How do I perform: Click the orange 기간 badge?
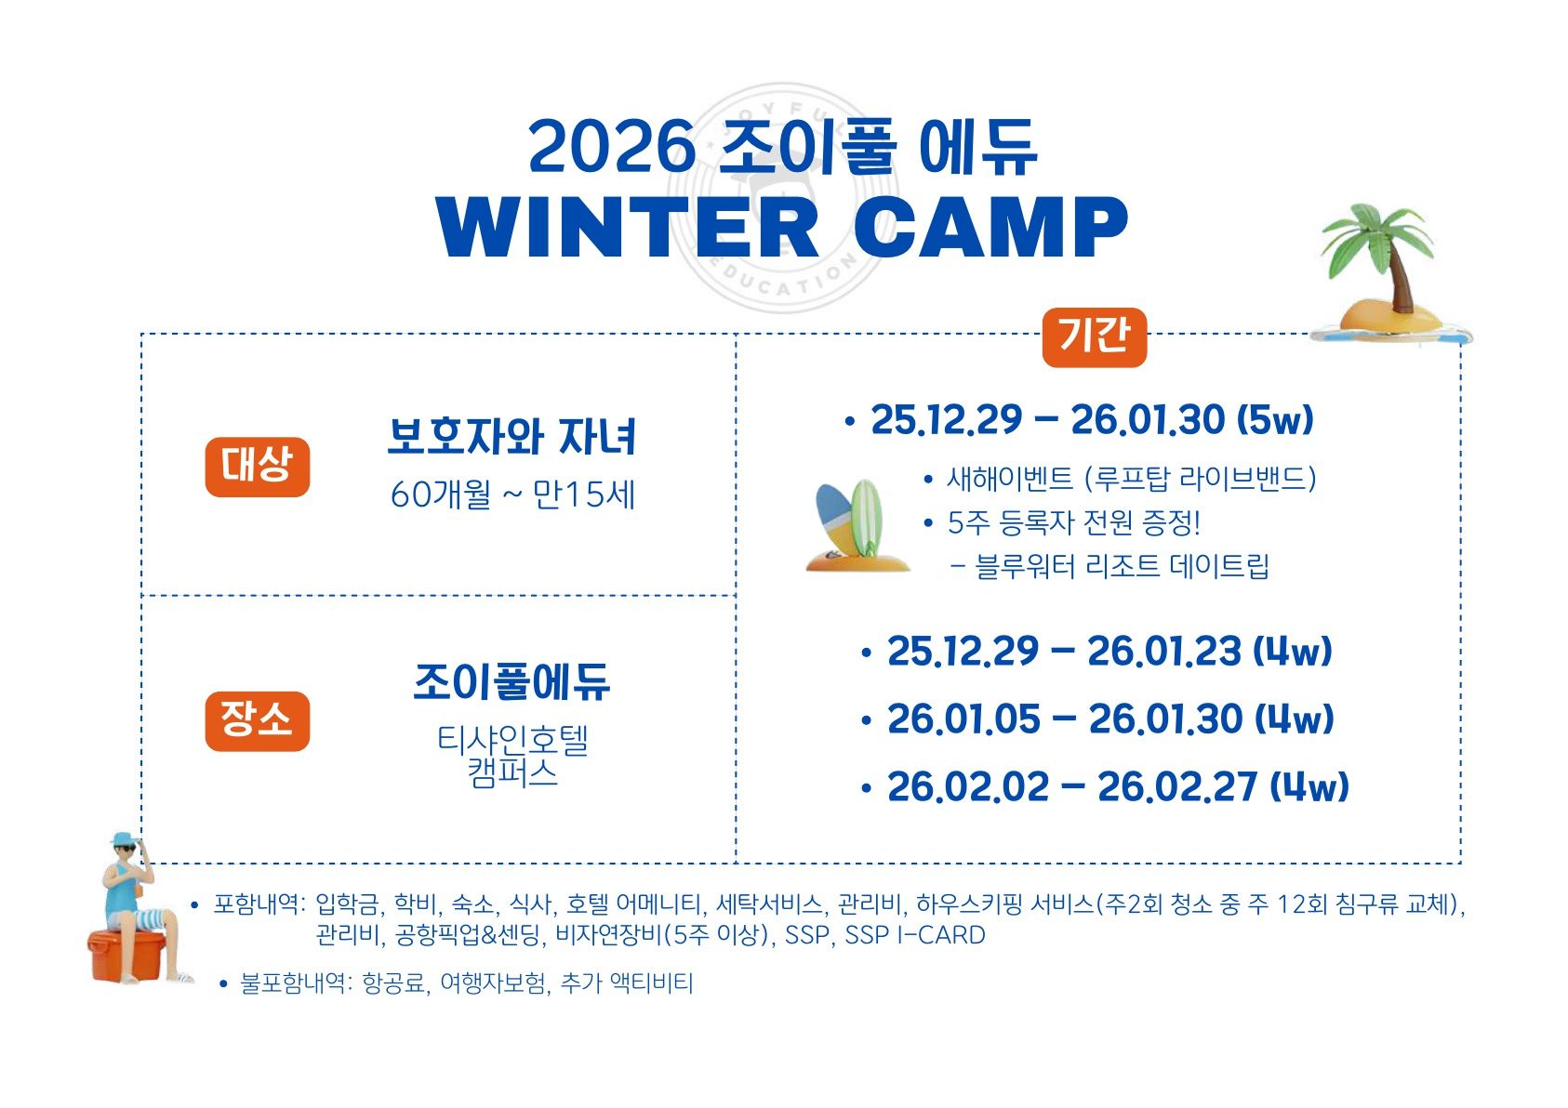click(x=1094, y=337)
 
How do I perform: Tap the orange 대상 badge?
click(x=257, y=467)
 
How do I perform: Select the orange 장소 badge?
click(x=257, y=721)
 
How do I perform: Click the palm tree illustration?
click(x=1389, y=272)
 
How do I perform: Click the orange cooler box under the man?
click(x=126, y=956)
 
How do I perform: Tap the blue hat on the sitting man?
click(x=126, y=838)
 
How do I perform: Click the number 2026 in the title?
click(x=612, y=147)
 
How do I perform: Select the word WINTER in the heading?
click(x=627, y=228)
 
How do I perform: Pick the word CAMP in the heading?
click(x=990, y=228)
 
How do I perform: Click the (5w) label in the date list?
click(x=1275, y=420)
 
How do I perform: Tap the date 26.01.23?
click(x=1163, y=652)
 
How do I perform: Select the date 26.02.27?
click(x=1176, y=787)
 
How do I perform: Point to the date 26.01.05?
click(x=963, y=719)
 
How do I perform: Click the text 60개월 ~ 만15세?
click(x=512, y=495)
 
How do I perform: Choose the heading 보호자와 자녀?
click(x=512, y=437)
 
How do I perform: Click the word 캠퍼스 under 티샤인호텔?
click(x=512, y=773)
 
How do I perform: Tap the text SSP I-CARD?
click(x=915, y=935)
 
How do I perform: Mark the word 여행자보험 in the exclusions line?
click(x=493, y=983)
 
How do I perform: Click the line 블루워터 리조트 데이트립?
click(x=1122, y=566)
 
